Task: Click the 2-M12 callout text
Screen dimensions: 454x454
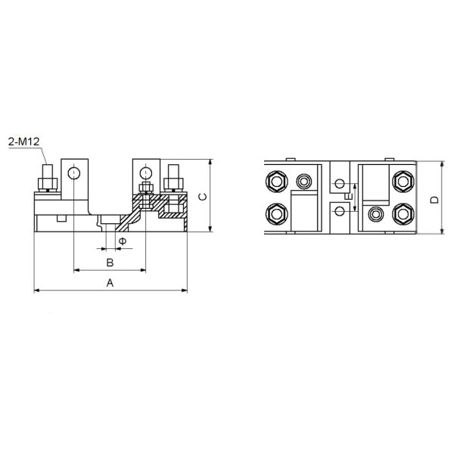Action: point(23,141)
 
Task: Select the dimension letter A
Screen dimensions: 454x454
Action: point(110,282)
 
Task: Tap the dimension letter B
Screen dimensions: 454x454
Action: point(110,263)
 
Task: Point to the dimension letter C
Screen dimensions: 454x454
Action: point(201,197)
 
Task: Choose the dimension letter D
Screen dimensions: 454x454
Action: point(434,200)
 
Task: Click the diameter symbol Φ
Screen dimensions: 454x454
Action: point(123,241)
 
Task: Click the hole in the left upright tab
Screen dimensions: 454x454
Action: point(73,175)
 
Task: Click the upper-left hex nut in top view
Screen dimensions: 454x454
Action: point(275,182)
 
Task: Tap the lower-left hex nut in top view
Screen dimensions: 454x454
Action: point(275,214)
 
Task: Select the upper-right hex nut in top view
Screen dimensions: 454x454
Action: point(402,182)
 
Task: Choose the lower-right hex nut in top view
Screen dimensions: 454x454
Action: point(402,214)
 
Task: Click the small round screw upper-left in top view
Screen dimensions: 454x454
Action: point(304,182)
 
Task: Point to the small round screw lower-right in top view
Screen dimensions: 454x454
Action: point(374,215)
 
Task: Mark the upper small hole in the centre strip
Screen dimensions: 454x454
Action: point(339,184)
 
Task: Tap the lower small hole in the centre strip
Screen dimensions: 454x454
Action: point(339,212)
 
